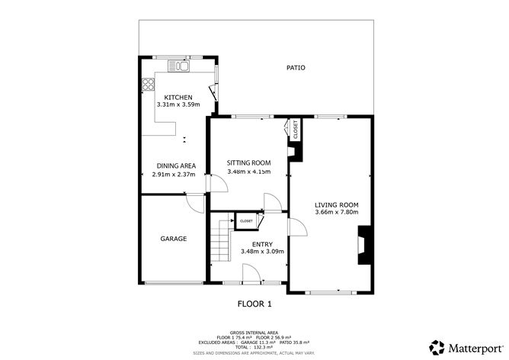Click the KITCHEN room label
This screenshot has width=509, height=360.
click(173, 97)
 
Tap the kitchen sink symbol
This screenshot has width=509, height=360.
click(180, 66)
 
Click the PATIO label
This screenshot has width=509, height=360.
click(296, 68)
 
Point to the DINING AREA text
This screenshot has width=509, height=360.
click(177, 166)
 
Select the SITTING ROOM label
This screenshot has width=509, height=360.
click(249, 162)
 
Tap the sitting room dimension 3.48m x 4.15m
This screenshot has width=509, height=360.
click(249, 172)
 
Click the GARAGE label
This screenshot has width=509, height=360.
click(173, 239)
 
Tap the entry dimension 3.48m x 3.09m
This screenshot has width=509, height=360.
click(261, 252)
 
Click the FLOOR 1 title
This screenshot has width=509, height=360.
click(254, 304)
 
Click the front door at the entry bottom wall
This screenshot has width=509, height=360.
click(249, 275)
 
